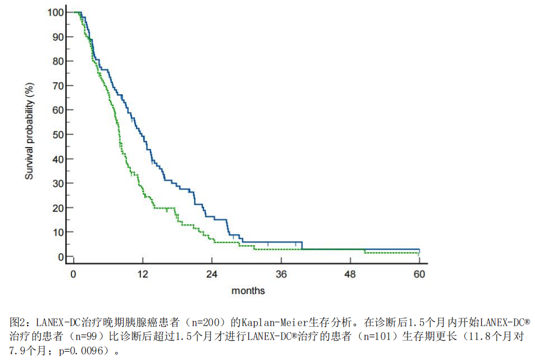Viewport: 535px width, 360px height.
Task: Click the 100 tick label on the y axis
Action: click(x=55, y=13)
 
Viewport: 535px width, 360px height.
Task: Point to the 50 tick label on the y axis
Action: click(x=58, y=135)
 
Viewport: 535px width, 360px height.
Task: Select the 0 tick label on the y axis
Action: click(x=61, y=257)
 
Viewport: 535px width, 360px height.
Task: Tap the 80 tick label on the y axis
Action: click(x=58, y=62)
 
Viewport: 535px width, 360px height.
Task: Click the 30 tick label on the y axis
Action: click(x=58, y=184)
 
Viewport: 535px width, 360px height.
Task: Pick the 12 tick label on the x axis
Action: click(x=142, y=275)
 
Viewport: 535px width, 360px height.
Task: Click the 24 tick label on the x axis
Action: click(x=212, y=275)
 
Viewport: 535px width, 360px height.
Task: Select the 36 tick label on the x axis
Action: click(x=281, y=275)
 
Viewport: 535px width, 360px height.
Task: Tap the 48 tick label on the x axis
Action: click(x=350, y=275)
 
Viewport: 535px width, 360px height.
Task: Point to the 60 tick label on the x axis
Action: click(x=419, y=275)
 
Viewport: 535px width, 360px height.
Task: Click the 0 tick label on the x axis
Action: click(x=73, y=275)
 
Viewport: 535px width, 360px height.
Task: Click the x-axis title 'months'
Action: click(x=248, y=291)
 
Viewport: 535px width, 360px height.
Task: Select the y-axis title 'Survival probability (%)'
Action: click(x=29, y=131)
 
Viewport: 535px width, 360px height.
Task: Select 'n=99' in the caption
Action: click(x=86, y=337)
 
